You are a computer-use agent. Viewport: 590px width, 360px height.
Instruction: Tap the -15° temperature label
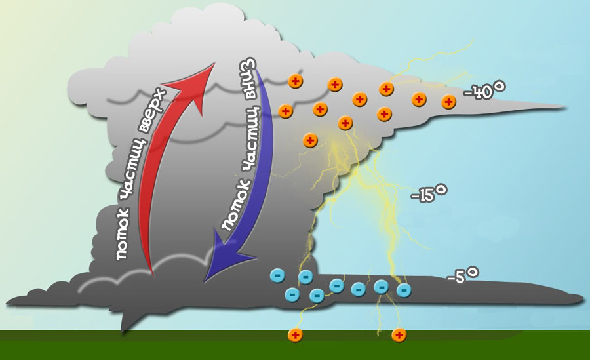[x=429, y=193]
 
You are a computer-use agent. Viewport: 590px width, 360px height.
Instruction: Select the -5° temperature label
[x=463, y=275]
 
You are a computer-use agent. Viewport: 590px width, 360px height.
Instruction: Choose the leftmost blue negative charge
[x=277, y=275]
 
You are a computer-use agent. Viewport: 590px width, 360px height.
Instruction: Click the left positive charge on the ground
[x=296, y=335]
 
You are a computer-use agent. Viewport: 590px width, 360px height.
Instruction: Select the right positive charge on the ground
[x=399, y=335]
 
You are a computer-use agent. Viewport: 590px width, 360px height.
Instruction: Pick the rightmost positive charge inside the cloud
[x=449, y=102]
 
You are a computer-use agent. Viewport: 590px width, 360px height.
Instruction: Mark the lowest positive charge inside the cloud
[x=310, y=140]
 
